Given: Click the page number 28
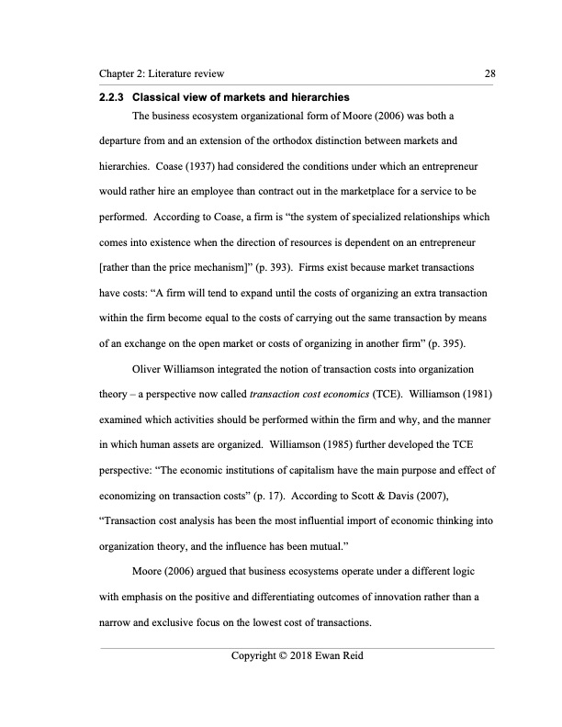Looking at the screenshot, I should pyautogui.click(x=489, y=73).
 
